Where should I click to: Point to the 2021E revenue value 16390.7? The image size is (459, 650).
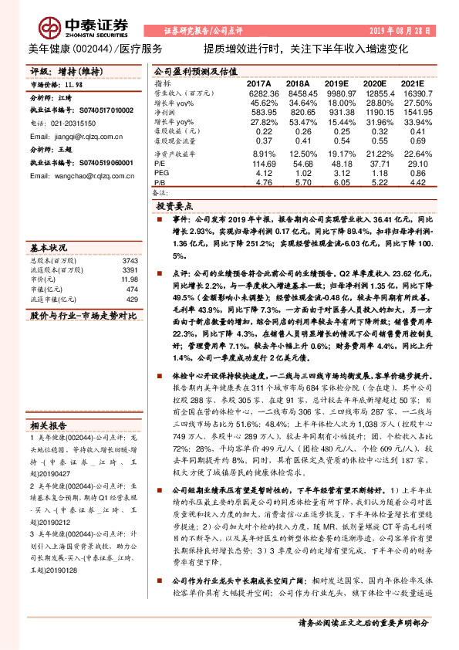point(410,93)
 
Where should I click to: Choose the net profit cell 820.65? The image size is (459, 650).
point(298,112)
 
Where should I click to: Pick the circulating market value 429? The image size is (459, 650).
point(132,299)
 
